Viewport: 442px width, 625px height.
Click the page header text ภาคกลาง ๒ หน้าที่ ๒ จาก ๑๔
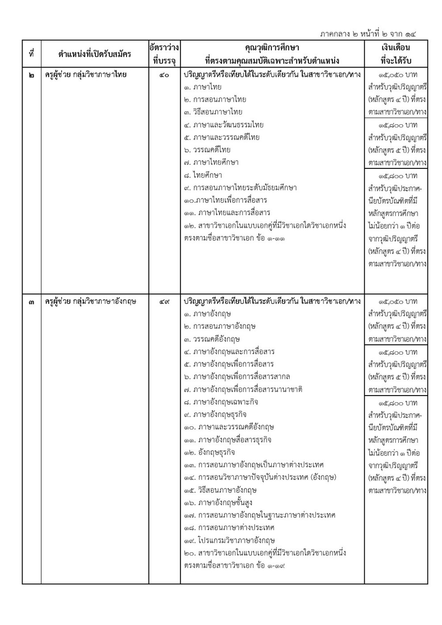tap(368, 34)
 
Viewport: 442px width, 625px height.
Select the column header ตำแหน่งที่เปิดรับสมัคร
tap(95, 54)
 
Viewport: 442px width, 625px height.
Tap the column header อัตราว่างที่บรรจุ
tap(164, 54)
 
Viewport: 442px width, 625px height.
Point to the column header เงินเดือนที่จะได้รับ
tap(396, 54)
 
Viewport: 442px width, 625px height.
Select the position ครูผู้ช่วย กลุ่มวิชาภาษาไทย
tap(86, 75)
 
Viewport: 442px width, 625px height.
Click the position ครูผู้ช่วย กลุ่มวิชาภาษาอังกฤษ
tap(91, 302)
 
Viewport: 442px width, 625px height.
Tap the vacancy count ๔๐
tap(164, 75)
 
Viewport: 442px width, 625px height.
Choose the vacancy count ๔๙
tap(164, 302)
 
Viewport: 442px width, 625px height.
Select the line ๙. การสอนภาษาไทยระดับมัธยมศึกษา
tap(240, 188)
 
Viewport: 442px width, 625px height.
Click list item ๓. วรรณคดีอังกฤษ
tap(212, 339)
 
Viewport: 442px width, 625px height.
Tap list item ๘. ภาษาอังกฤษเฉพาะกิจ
tap(221, 402)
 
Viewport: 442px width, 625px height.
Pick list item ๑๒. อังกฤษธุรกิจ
tap(210, 453)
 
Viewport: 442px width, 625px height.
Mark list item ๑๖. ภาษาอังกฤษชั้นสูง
tap(218, 503)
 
